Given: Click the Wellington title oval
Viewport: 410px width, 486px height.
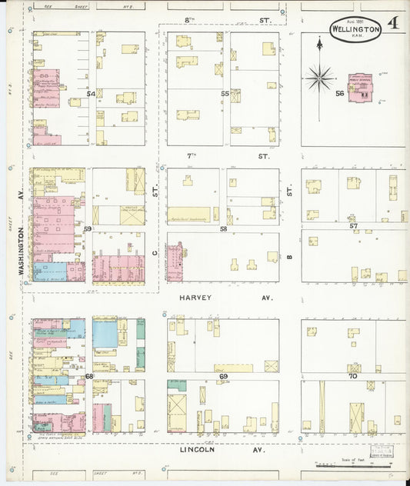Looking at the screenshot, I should coord(355,28).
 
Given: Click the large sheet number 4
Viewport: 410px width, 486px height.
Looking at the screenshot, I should coord(392,23).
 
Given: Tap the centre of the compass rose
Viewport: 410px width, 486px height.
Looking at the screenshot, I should coord(319,77).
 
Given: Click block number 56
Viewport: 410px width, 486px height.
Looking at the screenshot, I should coord(338,93).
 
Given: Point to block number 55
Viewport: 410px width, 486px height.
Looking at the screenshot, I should coord(225,94).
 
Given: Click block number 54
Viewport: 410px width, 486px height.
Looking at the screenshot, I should coord(91,94).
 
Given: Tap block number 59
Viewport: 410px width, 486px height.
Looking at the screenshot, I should coord(88,229).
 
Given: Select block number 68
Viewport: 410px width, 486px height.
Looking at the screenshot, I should coord(89,376).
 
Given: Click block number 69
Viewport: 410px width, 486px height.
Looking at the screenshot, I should coord(224,376).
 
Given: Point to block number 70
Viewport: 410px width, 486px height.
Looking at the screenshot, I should coord(353,376).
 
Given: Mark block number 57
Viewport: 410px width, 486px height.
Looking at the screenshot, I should coord(353,226).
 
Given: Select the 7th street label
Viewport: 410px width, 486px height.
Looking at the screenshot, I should coord(193,156).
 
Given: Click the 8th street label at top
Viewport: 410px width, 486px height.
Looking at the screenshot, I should coord(192,17).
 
